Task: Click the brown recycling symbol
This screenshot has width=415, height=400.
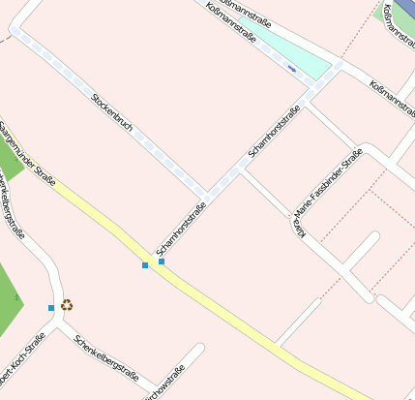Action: pos(67,305)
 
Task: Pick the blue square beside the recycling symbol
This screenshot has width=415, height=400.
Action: pos(51,308)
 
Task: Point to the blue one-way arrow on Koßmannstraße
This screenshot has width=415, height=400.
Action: pos(291,68)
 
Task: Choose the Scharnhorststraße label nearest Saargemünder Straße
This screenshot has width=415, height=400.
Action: pos(181,228)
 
